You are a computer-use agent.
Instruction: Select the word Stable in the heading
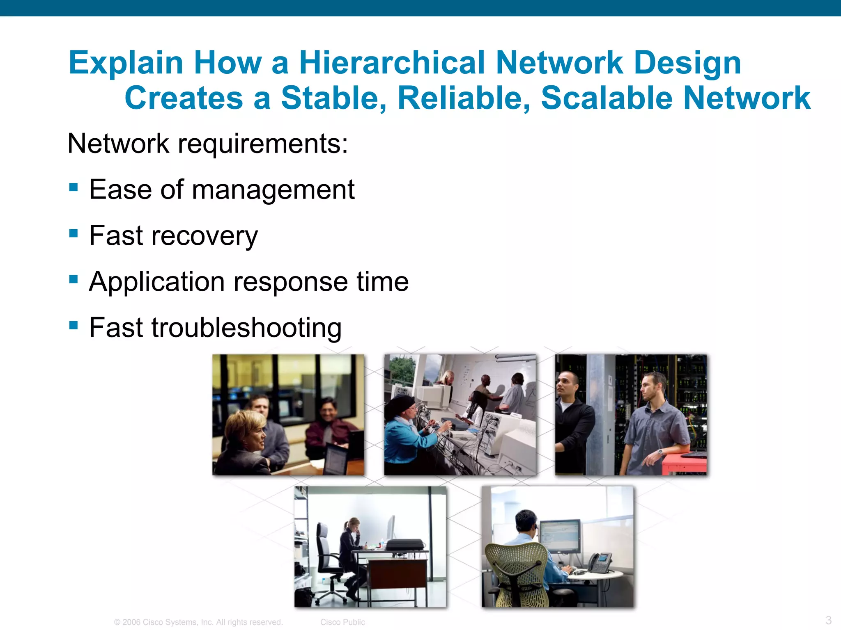333,98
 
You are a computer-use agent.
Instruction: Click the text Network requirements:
207,144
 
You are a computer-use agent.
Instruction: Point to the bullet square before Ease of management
74,187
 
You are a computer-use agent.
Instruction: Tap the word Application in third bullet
156,282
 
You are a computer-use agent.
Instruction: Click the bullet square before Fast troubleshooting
74,325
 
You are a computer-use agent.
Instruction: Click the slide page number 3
828,620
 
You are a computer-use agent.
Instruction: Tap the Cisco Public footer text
342,622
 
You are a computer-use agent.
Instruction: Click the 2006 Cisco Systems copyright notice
198,622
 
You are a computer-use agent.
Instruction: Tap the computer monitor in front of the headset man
559,535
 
